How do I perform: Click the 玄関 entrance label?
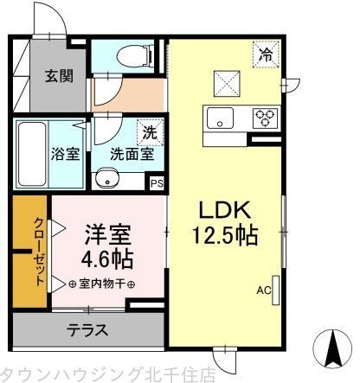[60, 75]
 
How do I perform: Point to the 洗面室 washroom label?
[132, 156]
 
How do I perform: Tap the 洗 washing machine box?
[151, 133]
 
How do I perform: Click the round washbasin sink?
[107, 180]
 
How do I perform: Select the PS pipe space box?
[157, 183]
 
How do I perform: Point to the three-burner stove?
[264, 117]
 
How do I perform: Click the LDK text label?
[226, 210]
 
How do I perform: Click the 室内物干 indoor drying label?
[100, 284]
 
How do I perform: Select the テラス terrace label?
[87, 329]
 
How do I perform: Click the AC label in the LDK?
[262, 290]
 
